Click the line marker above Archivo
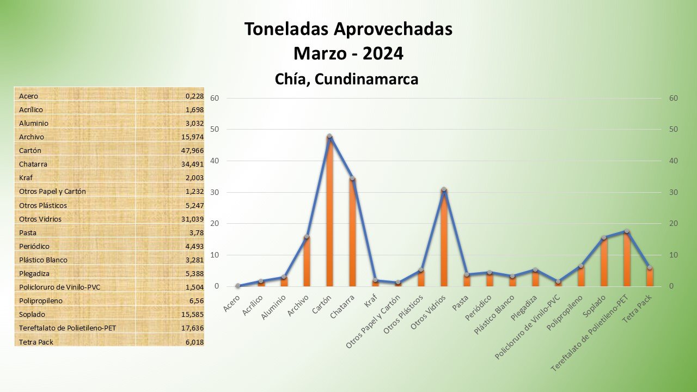click(307, 236)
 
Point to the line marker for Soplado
click(604, 237)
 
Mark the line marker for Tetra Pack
click(650, 267)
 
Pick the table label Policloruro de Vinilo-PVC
click(60, 287)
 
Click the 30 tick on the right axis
click(674, 192)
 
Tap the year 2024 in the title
click(383, 54)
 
